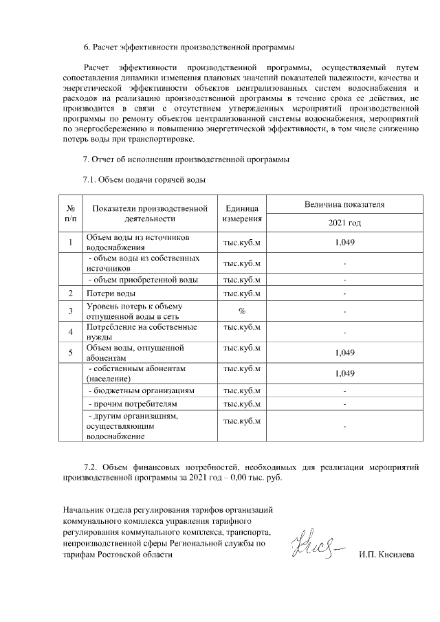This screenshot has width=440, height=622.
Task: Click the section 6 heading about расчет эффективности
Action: tap(188, 47)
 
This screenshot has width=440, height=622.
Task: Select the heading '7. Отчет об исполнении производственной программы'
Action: tap(186, 160)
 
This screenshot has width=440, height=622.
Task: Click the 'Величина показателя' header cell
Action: tap(344, 205)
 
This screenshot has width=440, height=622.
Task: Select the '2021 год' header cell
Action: tap(344, 223)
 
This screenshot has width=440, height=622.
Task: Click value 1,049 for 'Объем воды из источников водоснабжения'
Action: tap(344, 243)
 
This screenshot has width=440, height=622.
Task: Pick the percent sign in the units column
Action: tap(242, 311)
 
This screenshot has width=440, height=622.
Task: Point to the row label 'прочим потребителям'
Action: tap(134, 404)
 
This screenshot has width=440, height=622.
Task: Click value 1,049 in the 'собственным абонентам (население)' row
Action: tap(344, 373)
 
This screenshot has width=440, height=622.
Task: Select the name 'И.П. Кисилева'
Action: tap(386, 555)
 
